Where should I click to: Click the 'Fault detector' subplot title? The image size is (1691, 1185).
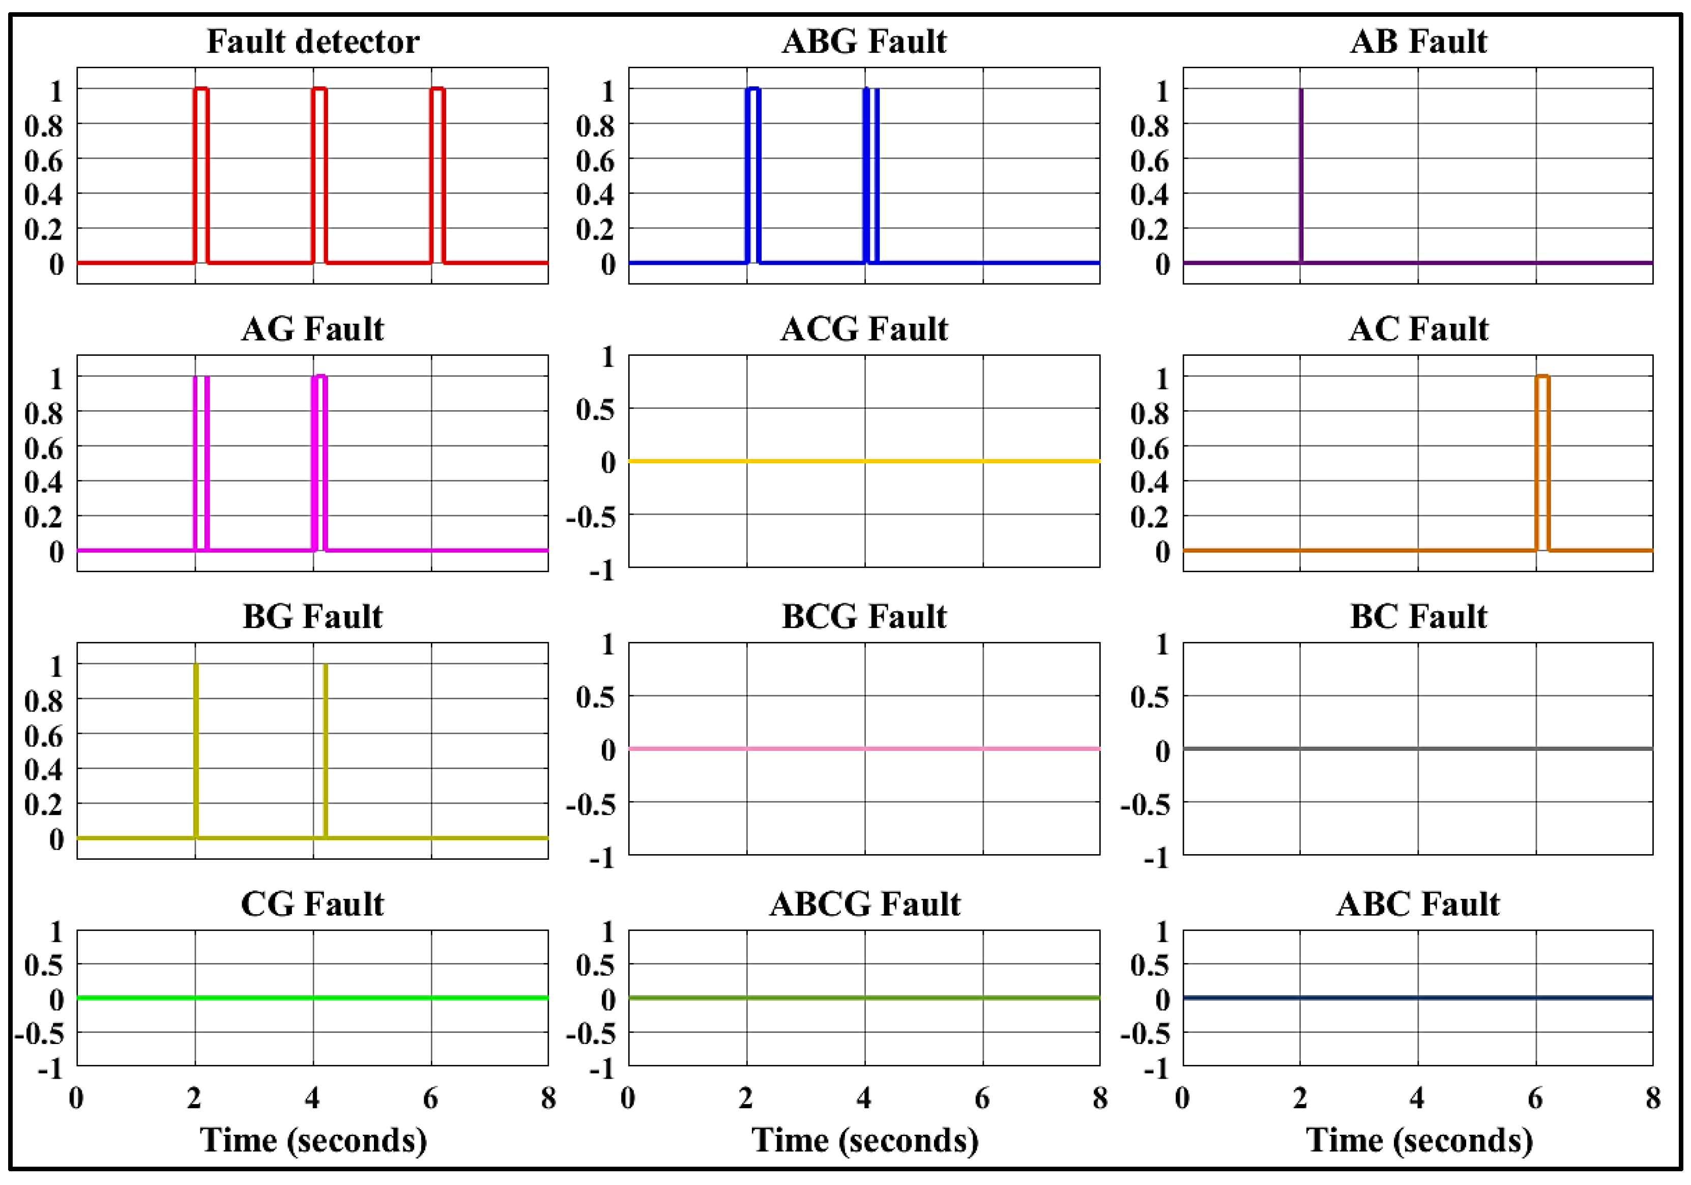coord(313,41)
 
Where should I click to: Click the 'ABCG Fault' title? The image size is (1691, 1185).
coord(865,904)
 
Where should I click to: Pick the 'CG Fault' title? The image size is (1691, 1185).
coord(312,904)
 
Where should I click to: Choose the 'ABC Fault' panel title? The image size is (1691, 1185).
coord(1418,904)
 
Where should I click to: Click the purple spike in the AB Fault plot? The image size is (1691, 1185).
coord(1301,177)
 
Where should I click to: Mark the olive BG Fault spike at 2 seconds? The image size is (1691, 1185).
coord(196,752)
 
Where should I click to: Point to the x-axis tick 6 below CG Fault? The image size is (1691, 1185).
coord(431,1098)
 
